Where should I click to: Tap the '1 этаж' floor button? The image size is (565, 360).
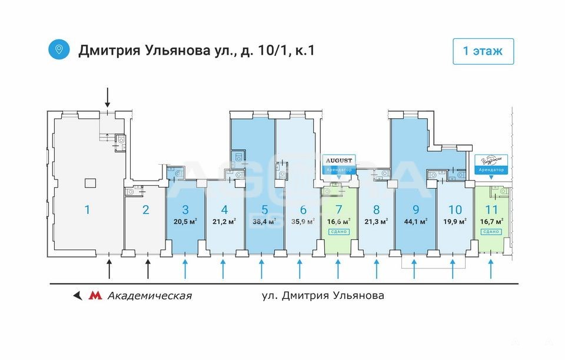pos(483,51)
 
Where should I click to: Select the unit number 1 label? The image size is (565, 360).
pos(87,209)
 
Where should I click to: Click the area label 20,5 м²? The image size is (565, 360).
pos(185,222)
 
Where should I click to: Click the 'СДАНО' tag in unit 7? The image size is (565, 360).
pos(338,232)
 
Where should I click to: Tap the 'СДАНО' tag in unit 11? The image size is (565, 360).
pos(491,232)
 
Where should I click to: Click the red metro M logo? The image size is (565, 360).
pos(94,295)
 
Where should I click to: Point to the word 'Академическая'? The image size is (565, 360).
pos(149,295)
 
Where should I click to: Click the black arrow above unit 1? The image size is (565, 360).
pos(107,96)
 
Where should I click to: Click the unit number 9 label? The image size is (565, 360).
pos(416,209)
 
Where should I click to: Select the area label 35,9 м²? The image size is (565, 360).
pos(303,222)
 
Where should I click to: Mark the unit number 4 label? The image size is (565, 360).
pos(224,209)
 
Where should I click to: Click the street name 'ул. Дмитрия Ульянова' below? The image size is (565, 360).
pos(323,295)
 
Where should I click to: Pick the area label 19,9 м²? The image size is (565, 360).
pos(454,222)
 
